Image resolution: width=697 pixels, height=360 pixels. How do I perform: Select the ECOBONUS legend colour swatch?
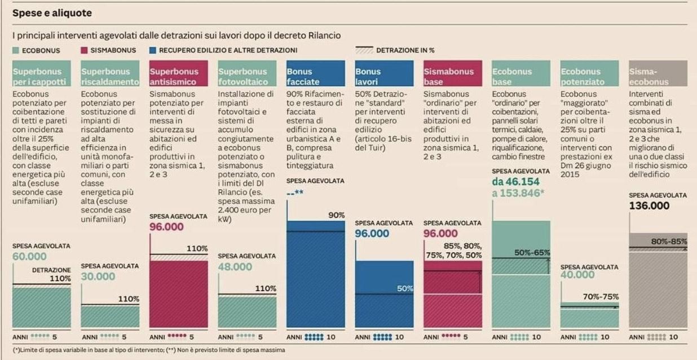point(16,50)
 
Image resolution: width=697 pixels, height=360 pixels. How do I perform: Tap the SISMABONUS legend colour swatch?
point(85,50)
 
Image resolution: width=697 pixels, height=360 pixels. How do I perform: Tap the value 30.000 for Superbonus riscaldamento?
point(98,276)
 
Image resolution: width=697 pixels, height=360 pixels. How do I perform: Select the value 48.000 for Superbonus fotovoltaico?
point(235,267)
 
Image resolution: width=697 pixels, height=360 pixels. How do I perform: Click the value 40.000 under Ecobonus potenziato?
point(577,275)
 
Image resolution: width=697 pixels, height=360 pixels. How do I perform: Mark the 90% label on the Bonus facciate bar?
point(336,215)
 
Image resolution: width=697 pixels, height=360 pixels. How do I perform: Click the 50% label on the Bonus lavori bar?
point(404,288)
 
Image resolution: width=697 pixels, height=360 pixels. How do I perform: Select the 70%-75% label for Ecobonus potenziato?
point(601,296)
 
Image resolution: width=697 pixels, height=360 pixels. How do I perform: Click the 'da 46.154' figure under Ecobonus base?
point(515,182)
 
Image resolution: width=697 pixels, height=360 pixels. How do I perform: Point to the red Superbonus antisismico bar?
point(178,293)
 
